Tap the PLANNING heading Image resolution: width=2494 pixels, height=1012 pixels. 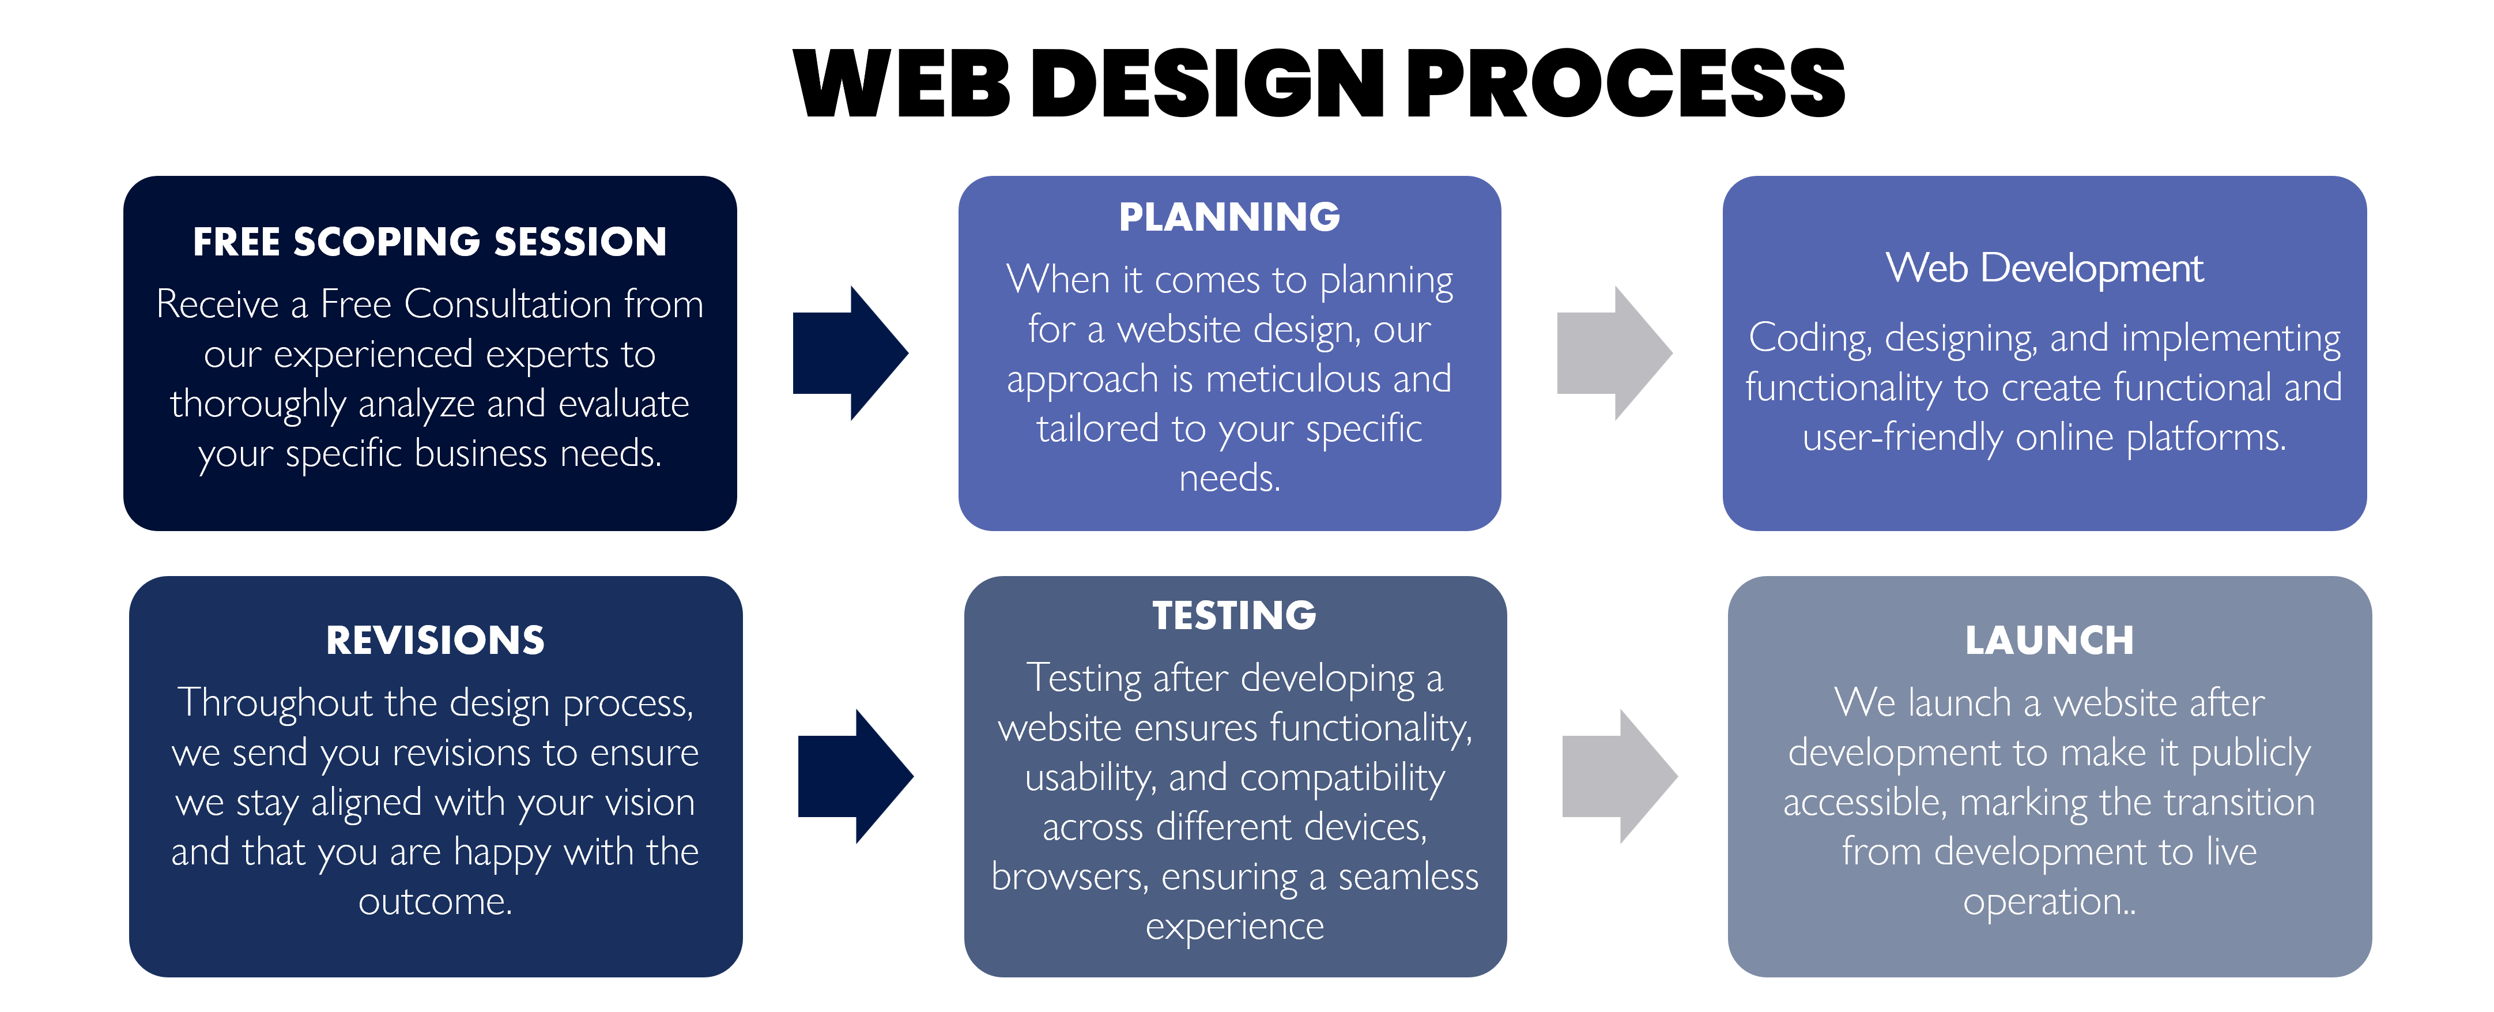pos(1229,217)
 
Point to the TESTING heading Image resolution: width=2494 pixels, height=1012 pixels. pos(1235,616)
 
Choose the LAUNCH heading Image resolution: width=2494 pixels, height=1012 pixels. pos(2048,640)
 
